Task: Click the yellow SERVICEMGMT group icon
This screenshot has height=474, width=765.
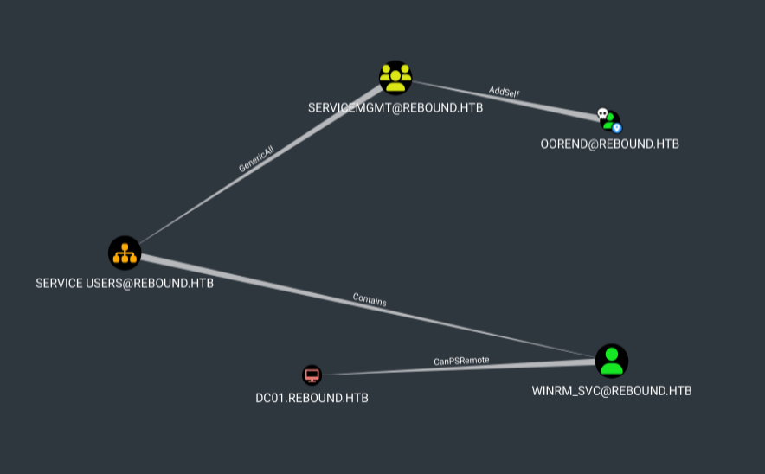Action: [x=395, y=78]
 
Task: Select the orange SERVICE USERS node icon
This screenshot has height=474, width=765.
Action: [x=125, y=253]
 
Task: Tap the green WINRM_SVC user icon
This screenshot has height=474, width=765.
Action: [x=612, y=361]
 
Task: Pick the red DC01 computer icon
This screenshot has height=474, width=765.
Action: [x=312, y=375]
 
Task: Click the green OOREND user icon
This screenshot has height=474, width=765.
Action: [x=610, y=120]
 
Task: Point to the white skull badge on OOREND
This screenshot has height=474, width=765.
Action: [x=602, y=113]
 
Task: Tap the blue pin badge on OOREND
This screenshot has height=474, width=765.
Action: [x=617, y=128]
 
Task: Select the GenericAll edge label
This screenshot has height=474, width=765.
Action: [x=256, y=159]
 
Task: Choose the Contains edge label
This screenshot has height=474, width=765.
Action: [x=370, y=300]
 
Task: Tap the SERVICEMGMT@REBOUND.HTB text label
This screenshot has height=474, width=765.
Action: [x=395, y=108]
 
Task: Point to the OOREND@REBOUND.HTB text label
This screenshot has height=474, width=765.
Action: [x=609, y=144]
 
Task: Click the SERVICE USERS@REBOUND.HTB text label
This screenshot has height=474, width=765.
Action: [x=125, y=283]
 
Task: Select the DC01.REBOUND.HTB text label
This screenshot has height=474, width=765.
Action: [x=312, y=398]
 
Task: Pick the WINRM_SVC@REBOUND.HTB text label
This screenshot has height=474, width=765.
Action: [x=612, y=391]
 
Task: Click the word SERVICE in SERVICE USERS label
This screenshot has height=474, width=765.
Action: [x=59, y=283]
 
